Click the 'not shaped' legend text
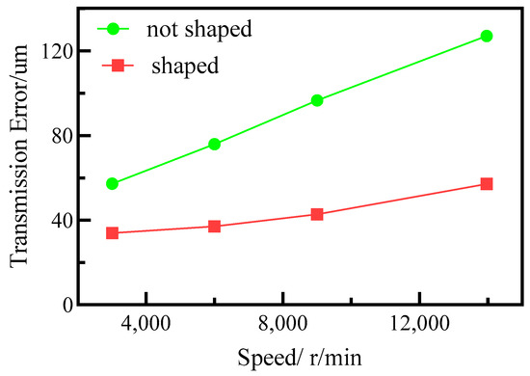coord(199,29)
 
